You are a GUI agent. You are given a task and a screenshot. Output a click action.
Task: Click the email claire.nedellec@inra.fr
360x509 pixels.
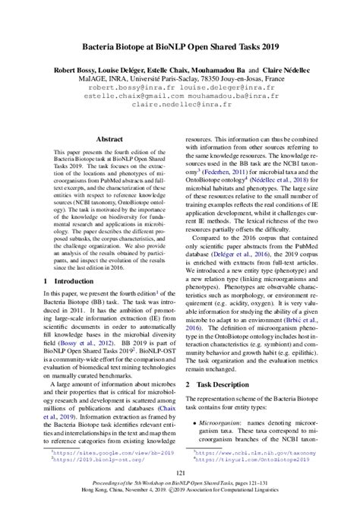point(180,106)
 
